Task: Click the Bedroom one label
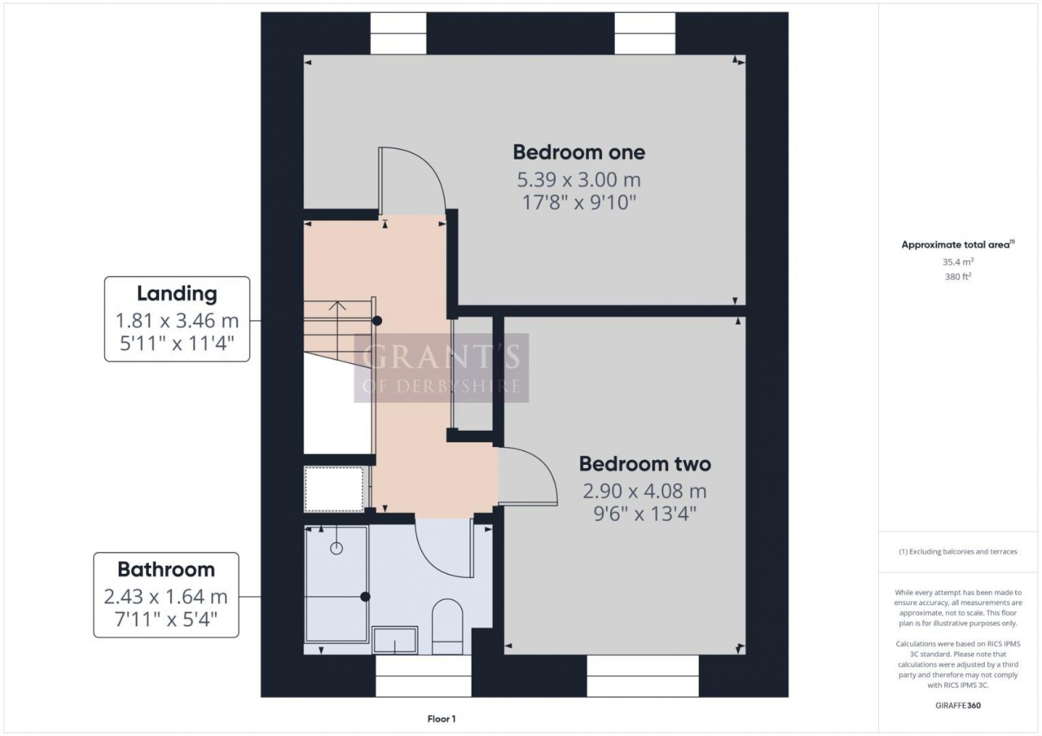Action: click(579, 152)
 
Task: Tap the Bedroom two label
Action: click(644, 464)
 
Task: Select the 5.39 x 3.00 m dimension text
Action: click(579, 180)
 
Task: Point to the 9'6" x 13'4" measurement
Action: click(644, 513)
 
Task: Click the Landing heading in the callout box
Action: click(177, 293)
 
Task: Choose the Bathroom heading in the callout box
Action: click(166, 569)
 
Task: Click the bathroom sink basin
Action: click(395, 639)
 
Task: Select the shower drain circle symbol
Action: click(336, 549)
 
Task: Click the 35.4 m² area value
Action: click(957, 262)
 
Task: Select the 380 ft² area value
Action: click(957, 277)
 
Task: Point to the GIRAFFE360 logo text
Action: click(958, 706)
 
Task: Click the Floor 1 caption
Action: click(441, 719)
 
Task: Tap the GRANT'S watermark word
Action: click(441, 357)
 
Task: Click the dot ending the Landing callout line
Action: click(377, 321)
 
